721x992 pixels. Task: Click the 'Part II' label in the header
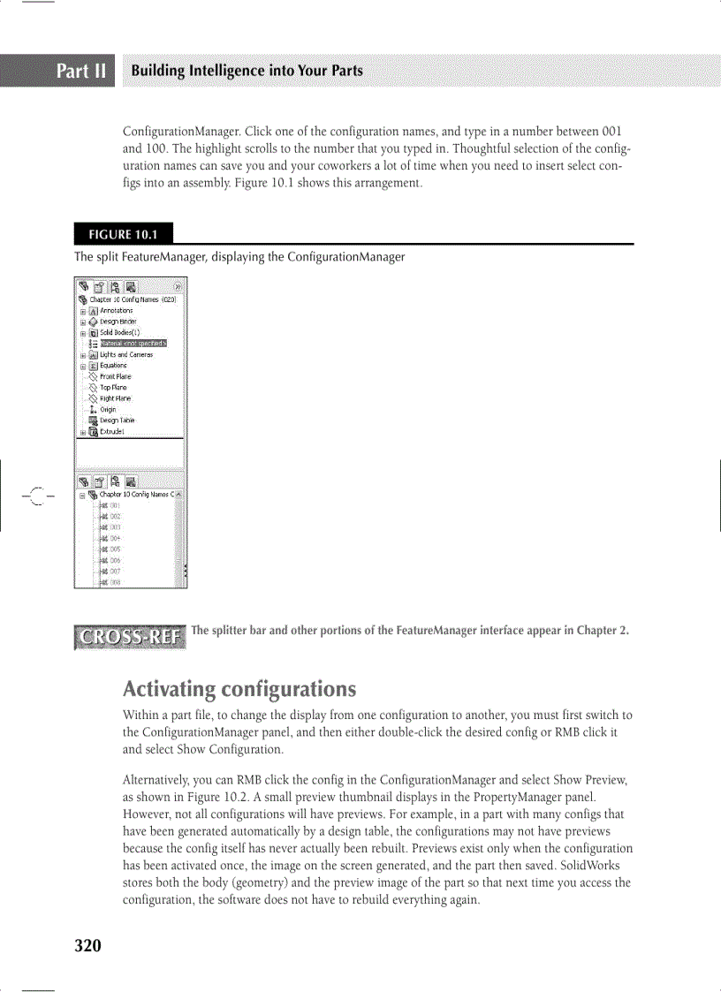(x=82, y=71)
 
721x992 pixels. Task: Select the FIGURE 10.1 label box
(x=123, y=234)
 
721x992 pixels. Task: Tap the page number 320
(x=87, y=946)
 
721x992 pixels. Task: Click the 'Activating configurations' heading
(x=239, y=689)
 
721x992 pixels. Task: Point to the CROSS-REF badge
(x=131, y=637)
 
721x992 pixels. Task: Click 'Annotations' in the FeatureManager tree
(x=116, y=311)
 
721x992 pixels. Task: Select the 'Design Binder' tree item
(x=118, y=322)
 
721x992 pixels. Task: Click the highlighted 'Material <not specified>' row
(x=133, y=343)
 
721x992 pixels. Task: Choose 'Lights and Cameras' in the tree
(x=125, y=354)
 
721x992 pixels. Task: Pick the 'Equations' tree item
(x=113, y=366)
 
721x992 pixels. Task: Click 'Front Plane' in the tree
(x=115, y=376)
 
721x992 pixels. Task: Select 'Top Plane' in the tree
(x=113, y=388)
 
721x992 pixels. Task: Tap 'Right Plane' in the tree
(x=115, y=398)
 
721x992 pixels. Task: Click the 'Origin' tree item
(x=108, y=410)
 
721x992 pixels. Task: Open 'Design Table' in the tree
(x=117, y=420)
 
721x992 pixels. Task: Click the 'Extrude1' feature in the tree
(x=112, y=432)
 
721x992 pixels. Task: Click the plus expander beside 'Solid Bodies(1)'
(x=82, y=333)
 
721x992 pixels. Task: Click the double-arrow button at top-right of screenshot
(x=178, y=287)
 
